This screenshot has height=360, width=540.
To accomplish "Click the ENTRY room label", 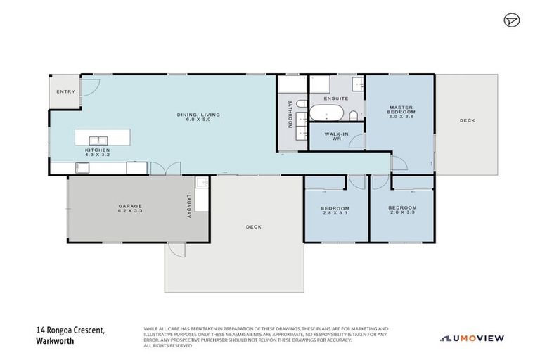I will tap(65, 91).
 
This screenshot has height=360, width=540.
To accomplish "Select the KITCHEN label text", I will tap(97, 150).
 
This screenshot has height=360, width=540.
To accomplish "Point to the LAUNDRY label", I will tap(189, 206).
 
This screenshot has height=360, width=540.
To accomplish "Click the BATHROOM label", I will tap(289, 115).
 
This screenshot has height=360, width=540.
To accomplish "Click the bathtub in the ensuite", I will tap(327, 114).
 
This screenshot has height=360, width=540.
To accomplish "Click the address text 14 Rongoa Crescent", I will tap(67, 329).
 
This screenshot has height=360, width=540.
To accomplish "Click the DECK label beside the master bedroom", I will tap(467, 120).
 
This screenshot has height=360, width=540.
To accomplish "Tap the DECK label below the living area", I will tap(254, 226).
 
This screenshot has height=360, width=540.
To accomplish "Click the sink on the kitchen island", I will tap(101, 139).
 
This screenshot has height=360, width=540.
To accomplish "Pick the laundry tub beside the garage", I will tap(201, 184).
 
